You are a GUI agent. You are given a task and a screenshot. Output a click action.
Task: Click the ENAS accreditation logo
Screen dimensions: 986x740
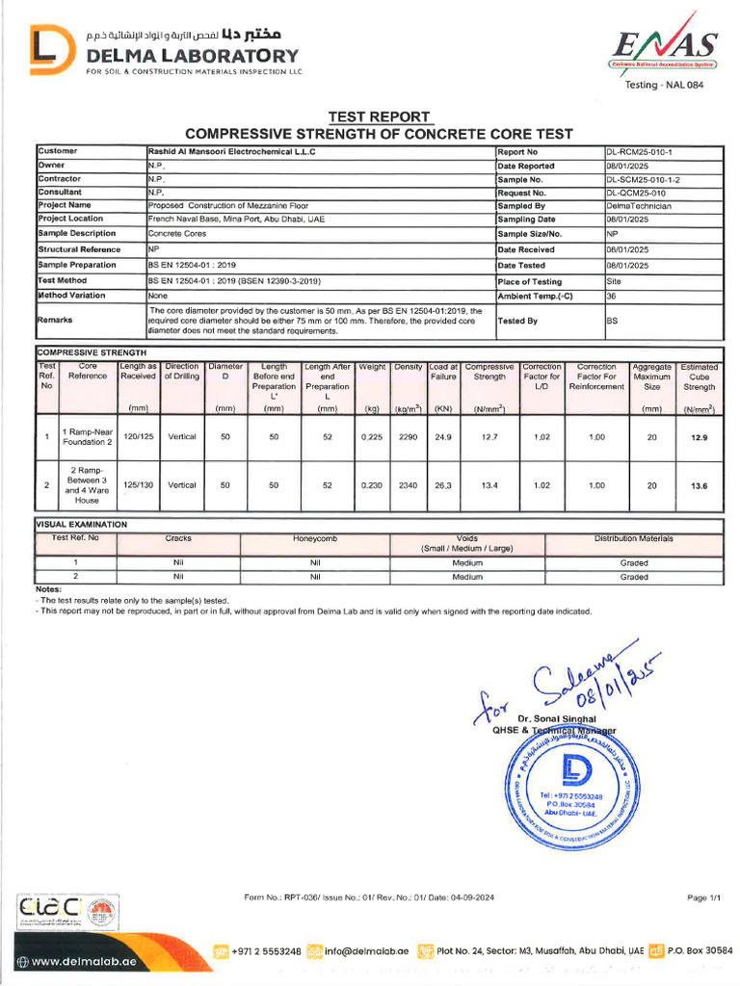click(664, 46)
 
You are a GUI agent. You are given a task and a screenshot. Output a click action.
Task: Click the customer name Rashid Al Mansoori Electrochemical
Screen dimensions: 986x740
click(231, 152)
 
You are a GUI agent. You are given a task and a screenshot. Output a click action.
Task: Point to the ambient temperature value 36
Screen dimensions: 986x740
click(611, 297)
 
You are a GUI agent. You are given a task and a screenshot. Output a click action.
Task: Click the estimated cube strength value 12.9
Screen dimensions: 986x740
click(699, 437)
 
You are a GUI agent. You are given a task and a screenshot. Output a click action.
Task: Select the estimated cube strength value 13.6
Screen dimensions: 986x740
click(699, 486)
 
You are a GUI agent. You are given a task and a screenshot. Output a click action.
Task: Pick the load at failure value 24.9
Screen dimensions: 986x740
click(443, 437)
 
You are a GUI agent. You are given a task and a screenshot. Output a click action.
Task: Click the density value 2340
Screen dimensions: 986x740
click(408, 486)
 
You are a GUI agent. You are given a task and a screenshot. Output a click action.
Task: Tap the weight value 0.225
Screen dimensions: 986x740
click(371, 437)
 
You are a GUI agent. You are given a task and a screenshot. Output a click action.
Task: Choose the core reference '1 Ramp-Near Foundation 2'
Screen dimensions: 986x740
click(88, 437)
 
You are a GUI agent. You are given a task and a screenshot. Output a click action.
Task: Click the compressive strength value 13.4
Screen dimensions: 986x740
click(489, 486)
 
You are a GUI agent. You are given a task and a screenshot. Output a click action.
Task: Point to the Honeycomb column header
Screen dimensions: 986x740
click(314, 539)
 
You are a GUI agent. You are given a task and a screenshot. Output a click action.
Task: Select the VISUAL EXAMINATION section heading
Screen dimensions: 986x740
click(81, 525)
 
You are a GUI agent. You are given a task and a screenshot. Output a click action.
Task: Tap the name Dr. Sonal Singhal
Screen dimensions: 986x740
click(557, 719)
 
